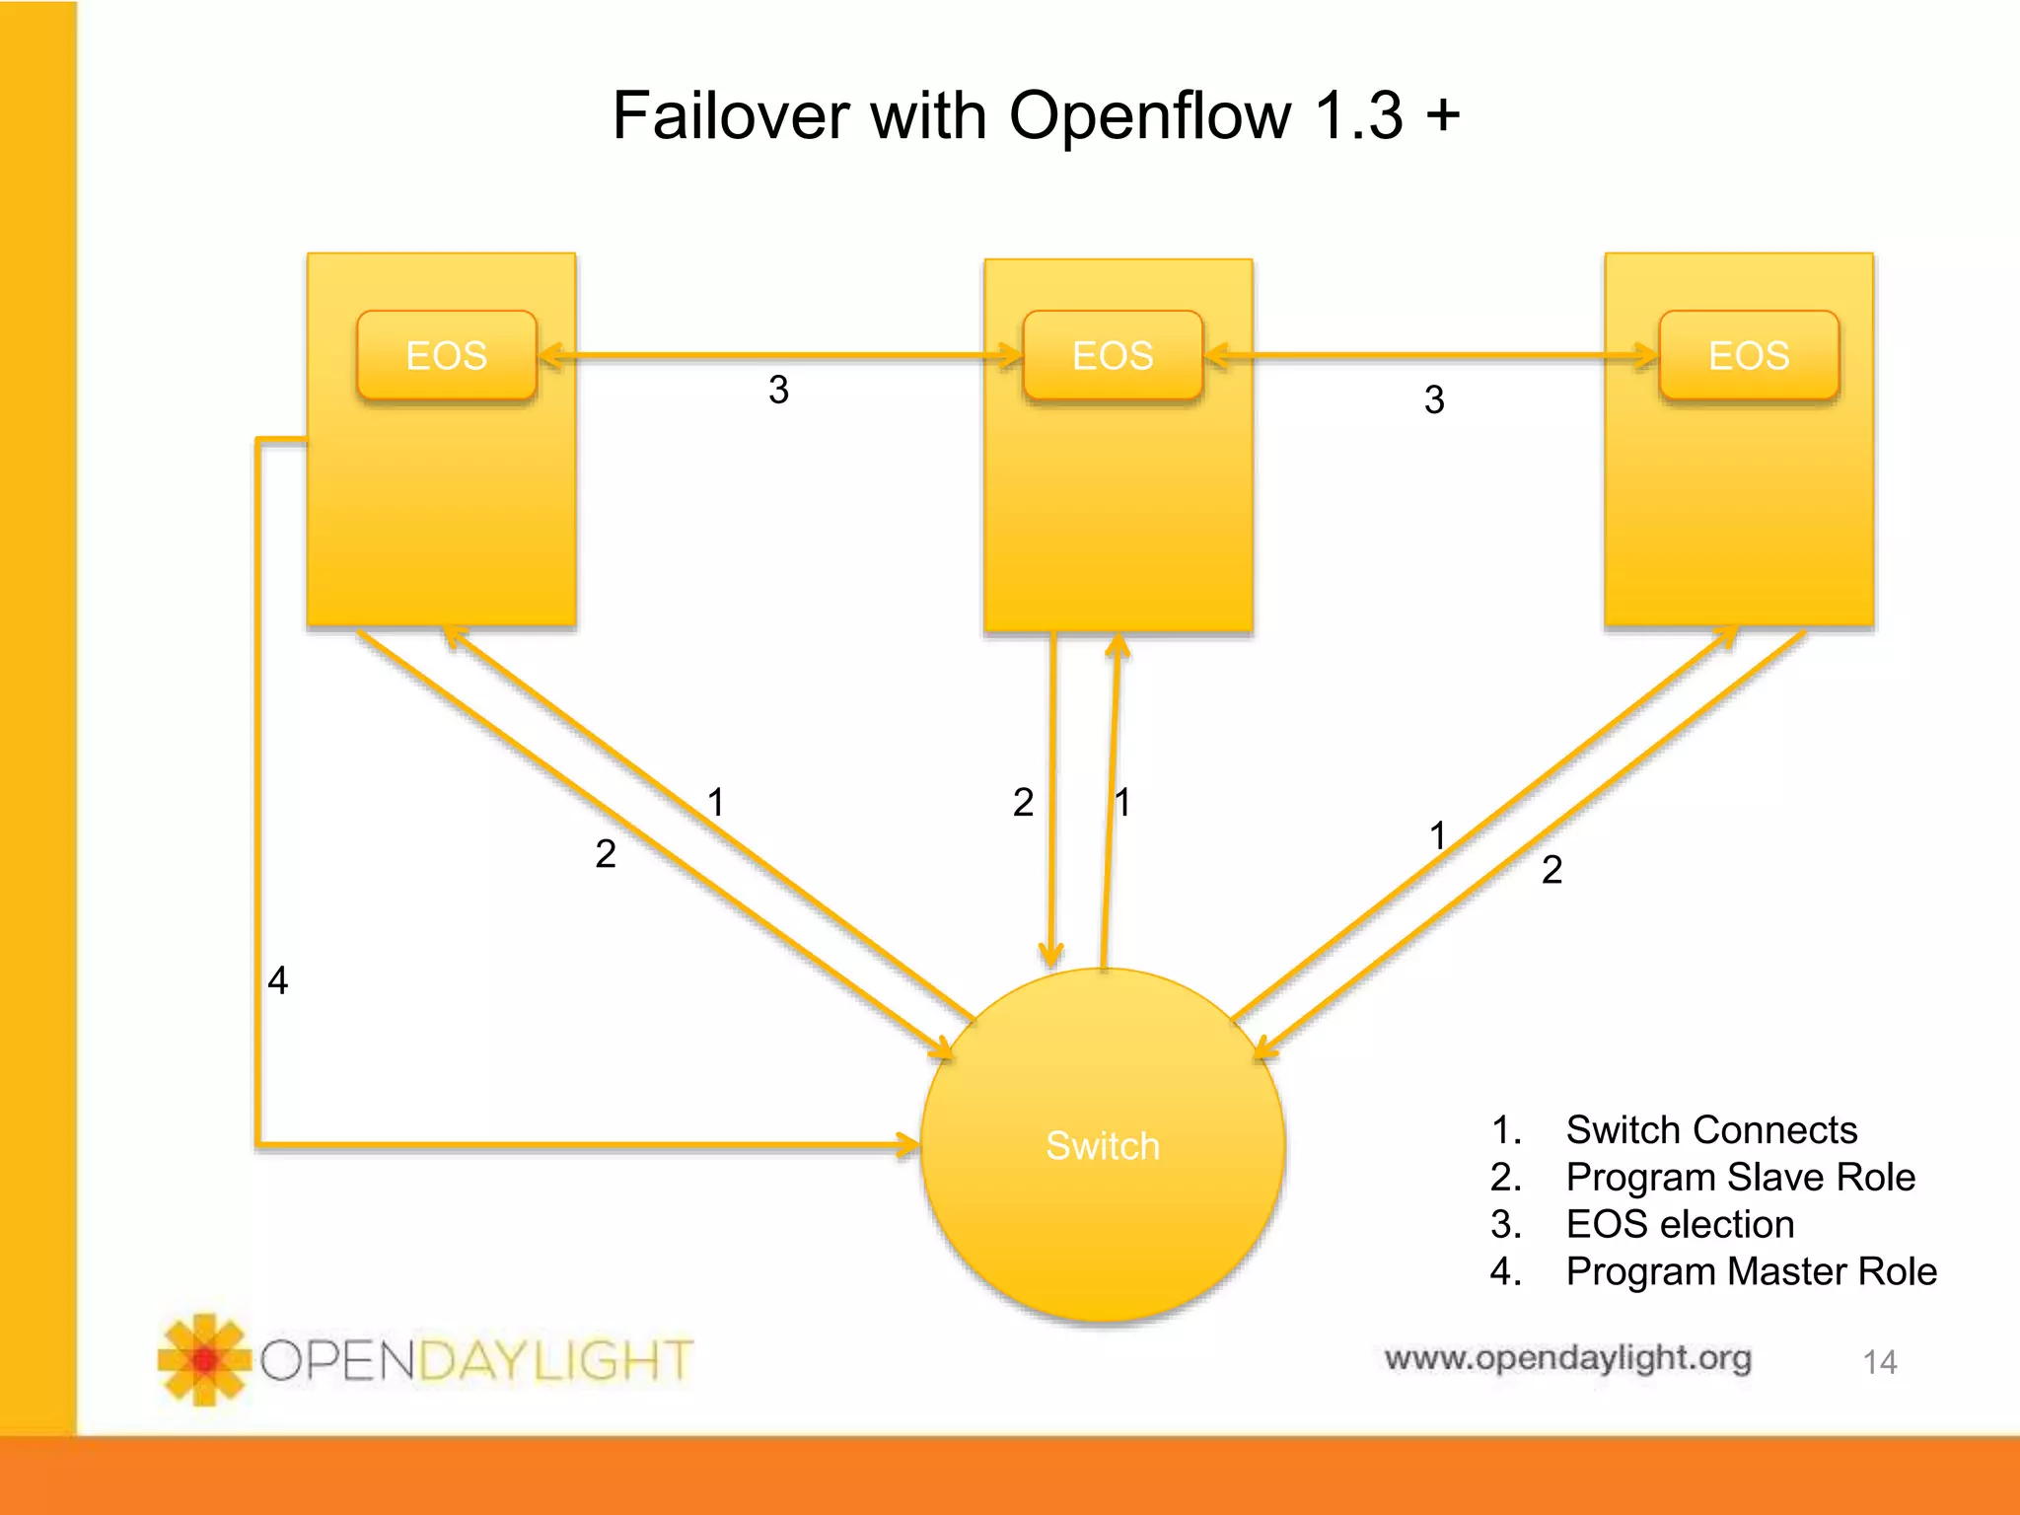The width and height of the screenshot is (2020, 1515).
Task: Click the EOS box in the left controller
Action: (446, 355)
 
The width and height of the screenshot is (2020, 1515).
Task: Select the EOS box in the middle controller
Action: (1113, 355)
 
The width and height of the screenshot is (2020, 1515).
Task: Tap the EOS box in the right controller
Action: (1749, 355)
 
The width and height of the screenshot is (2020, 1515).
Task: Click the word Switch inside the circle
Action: (1103, 1146)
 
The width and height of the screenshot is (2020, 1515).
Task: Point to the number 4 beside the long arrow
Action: (278, 980)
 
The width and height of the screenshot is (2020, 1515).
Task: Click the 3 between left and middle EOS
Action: (778, 390)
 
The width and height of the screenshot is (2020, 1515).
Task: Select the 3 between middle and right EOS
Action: (1434, 399)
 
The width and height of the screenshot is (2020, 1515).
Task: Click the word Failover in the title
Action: (730, 116)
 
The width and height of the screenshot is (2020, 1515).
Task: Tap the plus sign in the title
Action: (1443, 114)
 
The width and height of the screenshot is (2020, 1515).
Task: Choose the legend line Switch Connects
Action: (1711, 1129)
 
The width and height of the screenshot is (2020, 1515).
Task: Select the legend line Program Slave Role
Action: (1740, 1177)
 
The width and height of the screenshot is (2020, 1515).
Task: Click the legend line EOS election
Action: (1680, 1224)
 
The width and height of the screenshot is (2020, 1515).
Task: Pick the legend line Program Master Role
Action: (1751, 1271)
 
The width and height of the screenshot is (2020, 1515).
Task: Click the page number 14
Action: (1879, 1362)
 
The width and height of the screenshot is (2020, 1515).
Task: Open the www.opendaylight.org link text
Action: (1567, 1358)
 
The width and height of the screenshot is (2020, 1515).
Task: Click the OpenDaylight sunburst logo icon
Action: (204, 1360)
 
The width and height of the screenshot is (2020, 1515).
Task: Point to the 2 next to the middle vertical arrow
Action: (1023, 802)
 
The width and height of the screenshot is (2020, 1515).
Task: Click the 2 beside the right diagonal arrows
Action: (1551, 869)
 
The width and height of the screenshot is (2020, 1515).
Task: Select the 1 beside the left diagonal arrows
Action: (716, 802)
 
